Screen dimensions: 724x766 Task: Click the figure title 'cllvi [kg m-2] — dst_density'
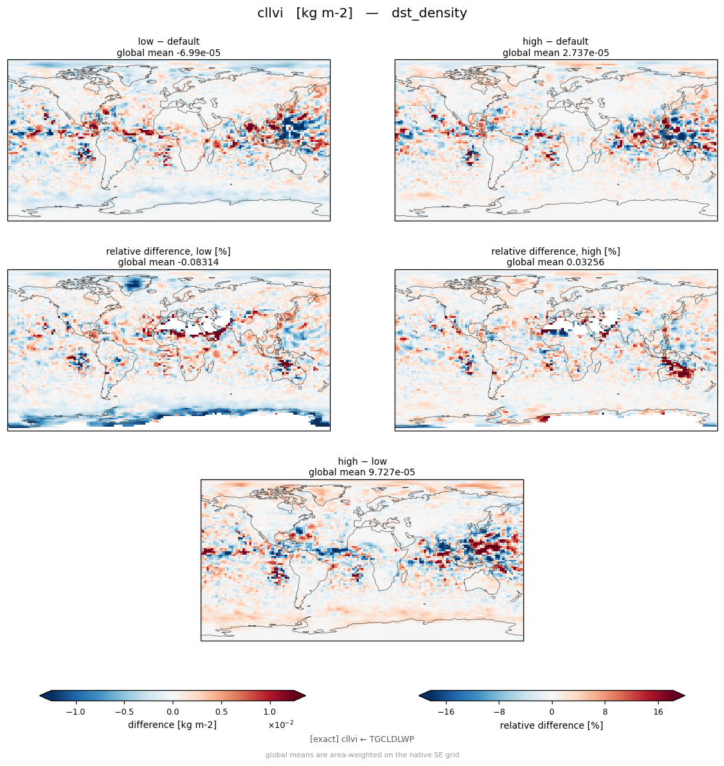click(x=362, y=13)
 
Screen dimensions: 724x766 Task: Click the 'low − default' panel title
click(x=169, y=41)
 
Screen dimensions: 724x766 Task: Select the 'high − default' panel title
click(x=555, y=41)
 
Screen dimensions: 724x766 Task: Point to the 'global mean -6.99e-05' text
click(x=169, y=53)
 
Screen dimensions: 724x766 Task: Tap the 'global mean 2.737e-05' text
click(x=555, y=53)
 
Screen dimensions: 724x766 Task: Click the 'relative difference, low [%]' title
click(x=168, y=251)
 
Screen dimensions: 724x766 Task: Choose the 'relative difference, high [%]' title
click(x=555, y=251)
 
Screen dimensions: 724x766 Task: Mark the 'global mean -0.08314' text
click(x=168, y=263)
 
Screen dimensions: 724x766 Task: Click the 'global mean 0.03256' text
click(x=555, y=263)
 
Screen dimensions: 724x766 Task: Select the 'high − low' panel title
click(x=362, y=461)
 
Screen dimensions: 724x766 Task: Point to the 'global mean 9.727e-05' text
click(x=362, y=473)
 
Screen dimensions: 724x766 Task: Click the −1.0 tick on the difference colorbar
click(x=76, y=712)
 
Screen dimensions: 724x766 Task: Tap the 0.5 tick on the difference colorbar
click(x=221, y=712)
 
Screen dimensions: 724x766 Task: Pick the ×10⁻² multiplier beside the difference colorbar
click(x=281, y=725)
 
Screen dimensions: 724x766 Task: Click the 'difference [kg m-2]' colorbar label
click(x=173, y=725)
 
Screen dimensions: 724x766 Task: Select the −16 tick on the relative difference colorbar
click(x=446, y=712)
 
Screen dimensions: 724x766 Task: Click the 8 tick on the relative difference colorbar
click(x=605, y=712)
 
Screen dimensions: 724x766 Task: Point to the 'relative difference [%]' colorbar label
click(x=551, y=725)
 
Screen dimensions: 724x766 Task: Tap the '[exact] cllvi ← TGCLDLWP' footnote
click(x=362, y=739)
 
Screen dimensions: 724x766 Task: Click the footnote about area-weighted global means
click(x=362, y=755)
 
